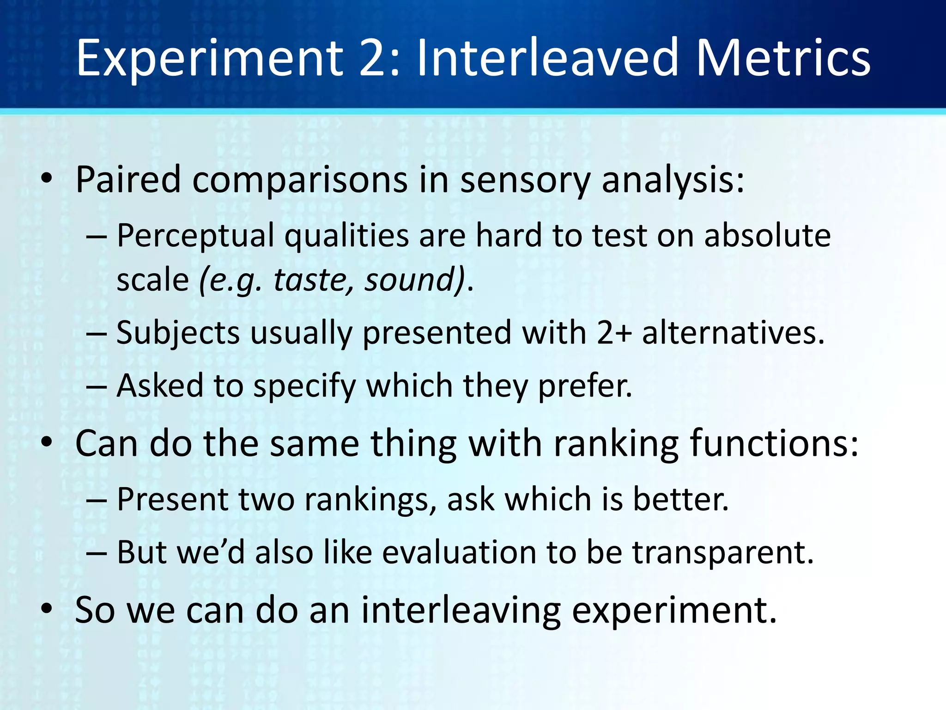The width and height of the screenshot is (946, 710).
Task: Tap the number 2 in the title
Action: point(374,59)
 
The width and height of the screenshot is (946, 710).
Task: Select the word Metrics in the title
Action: point(782,59)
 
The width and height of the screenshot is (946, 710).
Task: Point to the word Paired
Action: point(128,180)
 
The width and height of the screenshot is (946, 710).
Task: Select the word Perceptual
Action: point(195,236)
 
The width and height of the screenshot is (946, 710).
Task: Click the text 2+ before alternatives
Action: point(614,333)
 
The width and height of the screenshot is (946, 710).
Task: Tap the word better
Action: point(680,500)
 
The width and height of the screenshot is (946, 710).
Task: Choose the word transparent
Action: point(722,553)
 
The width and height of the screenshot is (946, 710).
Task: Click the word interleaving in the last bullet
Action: point(461,610)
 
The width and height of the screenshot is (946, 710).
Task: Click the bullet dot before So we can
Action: point(46,609)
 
